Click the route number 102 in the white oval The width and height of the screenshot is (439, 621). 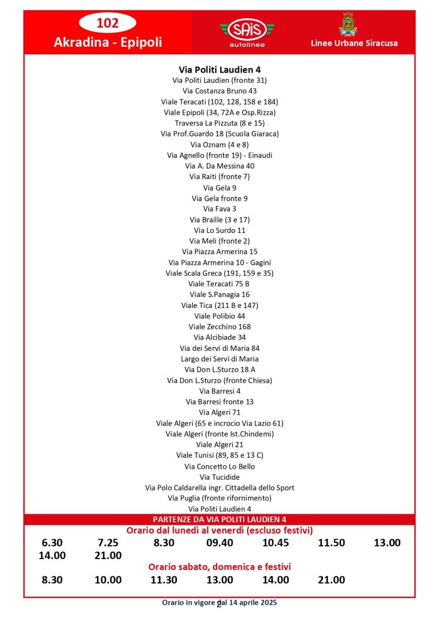tap(108, 23)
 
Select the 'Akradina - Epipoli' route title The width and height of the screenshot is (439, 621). tap(108, 43)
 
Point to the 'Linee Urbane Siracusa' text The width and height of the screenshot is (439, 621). tap(354, 43)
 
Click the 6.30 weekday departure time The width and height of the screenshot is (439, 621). tap(52, 543)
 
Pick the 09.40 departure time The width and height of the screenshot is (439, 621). tap(219, 543)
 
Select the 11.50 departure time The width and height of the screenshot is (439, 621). tap(331, 543)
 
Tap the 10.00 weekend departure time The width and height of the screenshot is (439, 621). tap(108, 580)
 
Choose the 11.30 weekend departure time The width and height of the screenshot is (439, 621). tap(164, 580)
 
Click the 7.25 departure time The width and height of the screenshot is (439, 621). tap(108, 543)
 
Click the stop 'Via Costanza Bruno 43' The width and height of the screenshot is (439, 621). tap(219, 91)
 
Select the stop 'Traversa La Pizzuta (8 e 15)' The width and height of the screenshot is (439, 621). tap(219, 123)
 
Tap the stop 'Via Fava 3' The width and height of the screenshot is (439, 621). tap(219, 209)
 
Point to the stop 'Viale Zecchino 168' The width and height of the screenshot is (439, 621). tap(219, 327)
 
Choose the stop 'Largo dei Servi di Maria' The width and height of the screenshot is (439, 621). tap(219, 359)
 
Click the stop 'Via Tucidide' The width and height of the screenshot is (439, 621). tap(219, 477)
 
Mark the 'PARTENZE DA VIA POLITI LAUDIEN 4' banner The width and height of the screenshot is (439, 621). tap(219, 520)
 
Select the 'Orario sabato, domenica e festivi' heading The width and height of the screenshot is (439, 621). tap(219, 567)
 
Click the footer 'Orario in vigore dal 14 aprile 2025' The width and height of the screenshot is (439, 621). tap(219, 603)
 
